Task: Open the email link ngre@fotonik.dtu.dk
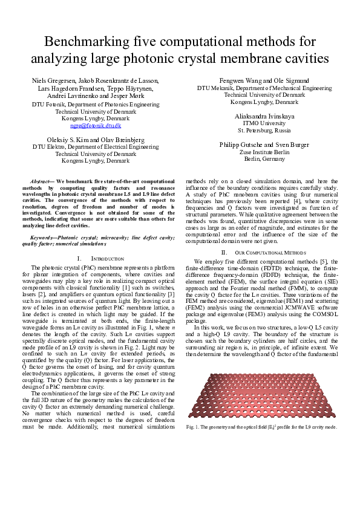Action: coord(96,126)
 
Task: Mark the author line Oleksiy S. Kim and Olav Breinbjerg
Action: coord(96,139)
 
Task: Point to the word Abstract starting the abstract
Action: coord(43,181)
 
